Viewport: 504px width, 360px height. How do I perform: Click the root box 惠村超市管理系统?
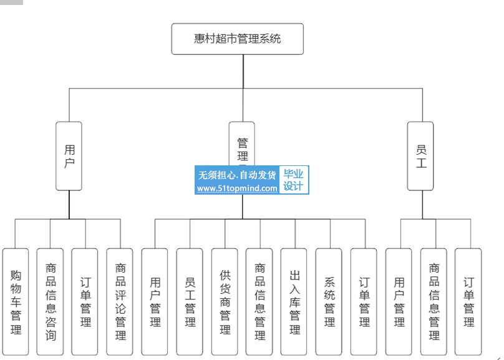(x=238, y=39)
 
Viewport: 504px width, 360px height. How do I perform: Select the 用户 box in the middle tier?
(x=69, y=156)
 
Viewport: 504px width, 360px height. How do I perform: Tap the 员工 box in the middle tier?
(x=420, y=156)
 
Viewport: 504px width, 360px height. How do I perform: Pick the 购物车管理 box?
(x=16, y=302)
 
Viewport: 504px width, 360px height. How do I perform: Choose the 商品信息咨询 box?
(x=51, y=302)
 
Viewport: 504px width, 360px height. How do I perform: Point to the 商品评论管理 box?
(x=120, y=302)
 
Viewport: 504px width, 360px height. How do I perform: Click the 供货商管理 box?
(x=225, y=302)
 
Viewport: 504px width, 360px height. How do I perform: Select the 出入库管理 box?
(x=294, y=302)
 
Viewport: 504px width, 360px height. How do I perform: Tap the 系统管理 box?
(x=329, y=302)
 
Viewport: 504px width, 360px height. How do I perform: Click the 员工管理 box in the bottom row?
(x=190, y=302)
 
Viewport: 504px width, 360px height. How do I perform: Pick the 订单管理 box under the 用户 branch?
(x=85, y=302)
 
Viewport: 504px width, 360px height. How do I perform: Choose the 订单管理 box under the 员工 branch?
(x=468, y=302)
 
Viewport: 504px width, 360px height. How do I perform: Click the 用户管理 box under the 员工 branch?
(x=399, y=302)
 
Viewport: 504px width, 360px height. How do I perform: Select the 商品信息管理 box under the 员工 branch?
(x=434, y=302)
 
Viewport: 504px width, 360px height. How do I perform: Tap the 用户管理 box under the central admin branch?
(x=155, y=302)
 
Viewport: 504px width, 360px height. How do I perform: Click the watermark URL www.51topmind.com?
(x=237, y=188)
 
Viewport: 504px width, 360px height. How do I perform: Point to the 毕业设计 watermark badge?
(x=294, y=180)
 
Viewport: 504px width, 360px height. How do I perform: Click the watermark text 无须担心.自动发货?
(x=237, y=175)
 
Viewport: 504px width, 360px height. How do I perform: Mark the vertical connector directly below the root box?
(x=241, y=72)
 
